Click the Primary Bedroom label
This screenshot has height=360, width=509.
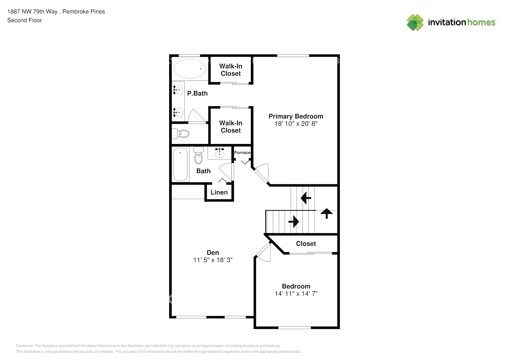click(x=296, y=116)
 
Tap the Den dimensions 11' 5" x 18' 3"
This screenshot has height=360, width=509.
click(x=213, y=260)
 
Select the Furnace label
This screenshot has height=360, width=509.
click(x=242, y=153)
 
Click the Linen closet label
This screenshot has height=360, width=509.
click(x=219, y=192)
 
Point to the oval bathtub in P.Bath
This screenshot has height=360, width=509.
click(x=190, y=68)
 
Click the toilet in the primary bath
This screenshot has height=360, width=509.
click(x=180, y=134)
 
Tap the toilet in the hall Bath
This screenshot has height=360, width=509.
click(x=198, y=156)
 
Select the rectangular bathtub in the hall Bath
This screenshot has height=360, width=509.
click(x=180, y=164)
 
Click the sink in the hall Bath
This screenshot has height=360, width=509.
click(x=220, y=153)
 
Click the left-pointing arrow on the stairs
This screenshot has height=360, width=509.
click(x=306, y=198)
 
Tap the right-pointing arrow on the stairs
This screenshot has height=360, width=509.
click(x=294, y=222)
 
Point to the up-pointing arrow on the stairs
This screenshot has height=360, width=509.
click(x=326, y=213)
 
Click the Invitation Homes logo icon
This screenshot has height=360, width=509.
click(x=415, y=22)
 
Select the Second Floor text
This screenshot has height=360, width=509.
click(x=24, y=20)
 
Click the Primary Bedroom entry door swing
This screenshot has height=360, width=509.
click(x=262, y=172)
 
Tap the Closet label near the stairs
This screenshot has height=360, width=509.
click(x=306, y=244)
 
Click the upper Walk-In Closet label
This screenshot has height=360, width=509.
click(x=231, y=70)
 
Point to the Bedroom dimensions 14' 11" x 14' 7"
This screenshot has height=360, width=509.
click(x=296, y=294)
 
